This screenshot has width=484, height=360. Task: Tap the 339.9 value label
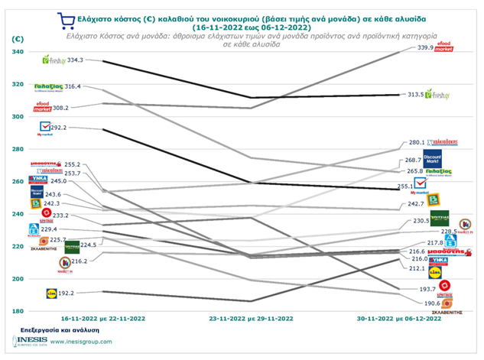tap(418, 47)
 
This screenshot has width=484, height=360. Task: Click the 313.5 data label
tap(418, 94)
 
